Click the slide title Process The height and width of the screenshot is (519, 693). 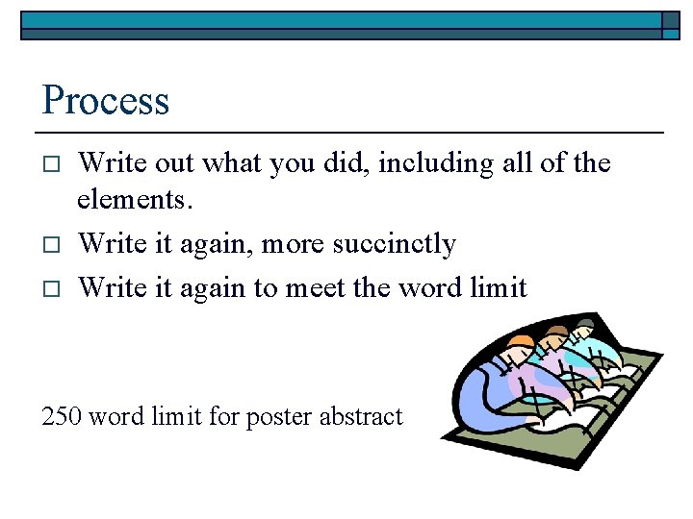(106, 100)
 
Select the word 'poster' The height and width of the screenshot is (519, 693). (278, 417)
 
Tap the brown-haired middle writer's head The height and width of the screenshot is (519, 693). (554, 339)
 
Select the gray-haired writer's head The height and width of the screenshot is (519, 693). (583, 332)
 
